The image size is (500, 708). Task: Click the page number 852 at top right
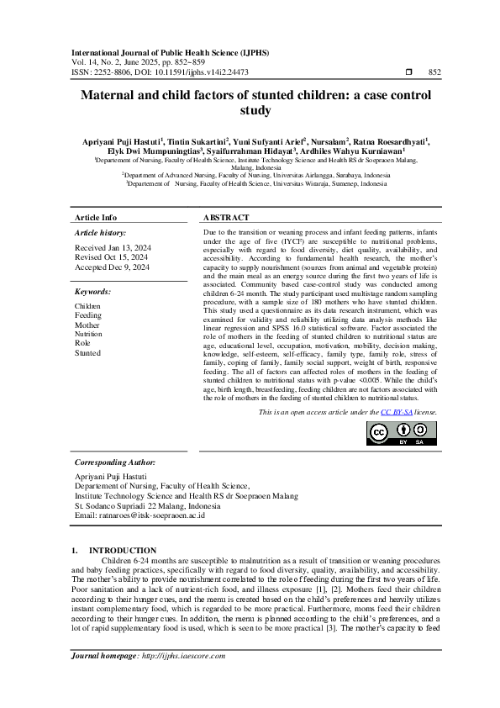pyautogui.click(x=434, y=73)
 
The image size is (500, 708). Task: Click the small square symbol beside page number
pyautogui.click(x=408, y=73)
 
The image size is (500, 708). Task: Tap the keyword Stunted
pyautogui.click(x=87, y=353)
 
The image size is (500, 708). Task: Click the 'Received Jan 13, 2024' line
pyautogui.click(x=113, y=248)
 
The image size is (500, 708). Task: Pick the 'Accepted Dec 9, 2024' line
pyautogui.click(x=112, y=267)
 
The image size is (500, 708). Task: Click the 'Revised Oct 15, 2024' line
pyautogui.click(x=112, y=257)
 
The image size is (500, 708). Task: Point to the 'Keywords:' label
pyautogui.click(x=93, y=292)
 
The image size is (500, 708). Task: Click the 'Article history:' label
pyautogui.click(x=101, y=231)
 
